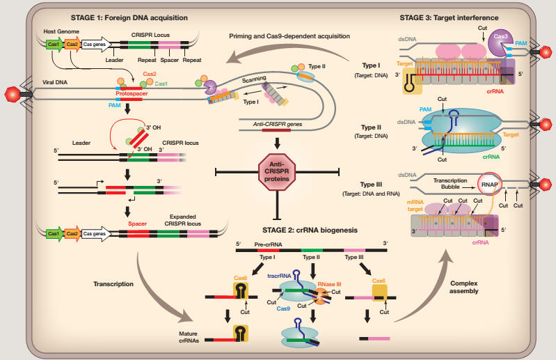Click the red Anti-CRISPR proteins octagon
tap(278, 172)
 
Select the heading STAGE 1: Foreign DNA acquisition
tap(132, 17)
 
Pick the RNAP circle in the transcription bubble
tap(488, 183)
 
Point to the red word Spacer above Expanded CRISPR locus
tap(137, 224)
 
